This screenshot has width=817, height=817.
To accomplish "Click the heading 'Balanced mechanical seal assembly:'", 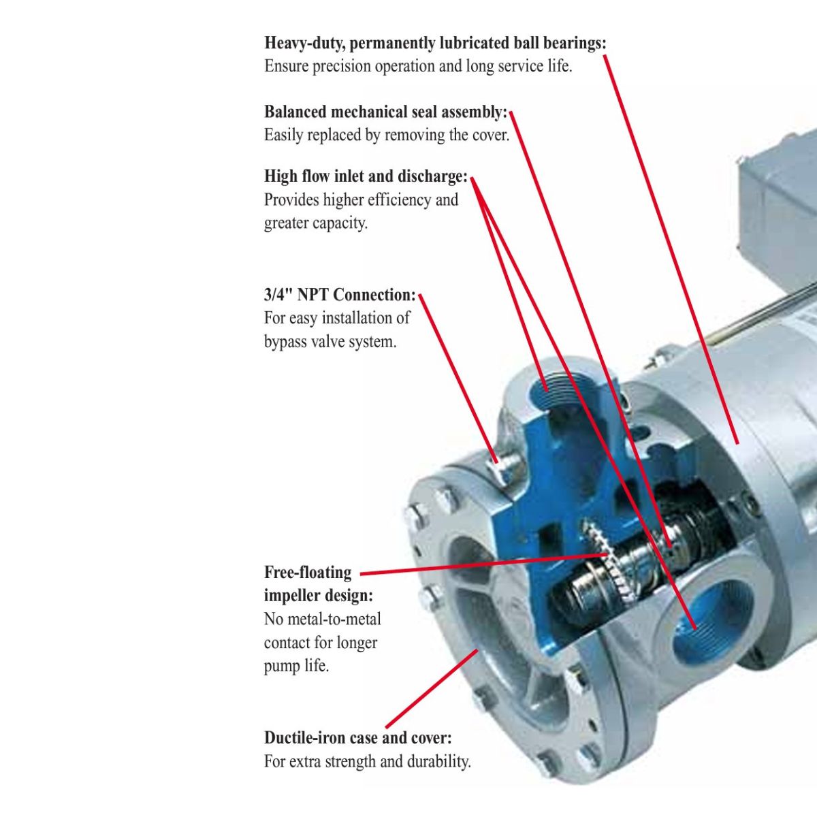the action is pos(386,112).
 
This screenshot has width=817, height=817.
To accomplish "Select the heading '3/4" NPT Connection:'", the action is pos(340,295).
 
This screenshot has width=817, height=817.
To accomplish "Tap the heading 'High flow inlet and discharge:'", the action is pos(366,176).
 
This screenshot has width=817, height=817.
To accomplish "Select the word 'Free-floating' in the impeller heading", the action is pos(308,573).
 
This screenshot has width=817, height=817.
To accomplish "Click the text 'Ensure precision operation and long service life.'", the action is pos(418,67).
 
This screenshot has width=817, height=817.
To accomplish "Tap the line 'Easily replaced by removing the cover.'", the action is pos(387,135).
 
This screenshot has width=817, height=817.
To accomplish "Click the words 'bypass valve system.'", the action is pos(330,341).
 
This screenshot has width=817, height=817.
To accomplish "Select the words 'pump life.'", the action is pos(296,666).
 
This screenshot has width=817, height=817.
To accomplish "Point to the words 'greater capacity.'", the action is pos(315,223).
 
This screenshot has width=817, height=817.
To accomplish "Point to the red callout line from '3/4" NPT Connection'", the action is pos(458,378).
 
